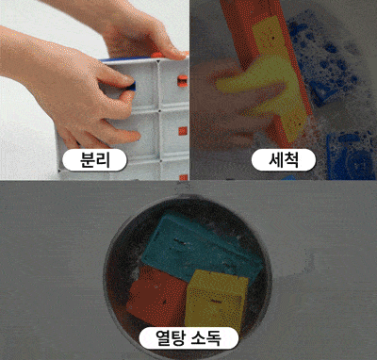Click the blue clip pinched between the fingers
point(133,86)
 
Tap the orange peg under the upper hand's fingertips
point(156,56)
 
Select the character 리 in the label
point(104,160)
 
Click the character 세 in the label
point(276,160)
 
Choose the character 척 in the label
point(292,160)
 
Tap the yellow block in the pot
point(216,301)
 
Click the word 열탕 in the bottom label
point(171,338)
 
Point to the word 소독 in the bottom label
point(206,338)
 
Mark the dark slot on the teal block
point(180,241)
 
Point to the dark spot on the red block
point(164,303)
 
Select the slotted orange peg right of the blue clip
point(183,81)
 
